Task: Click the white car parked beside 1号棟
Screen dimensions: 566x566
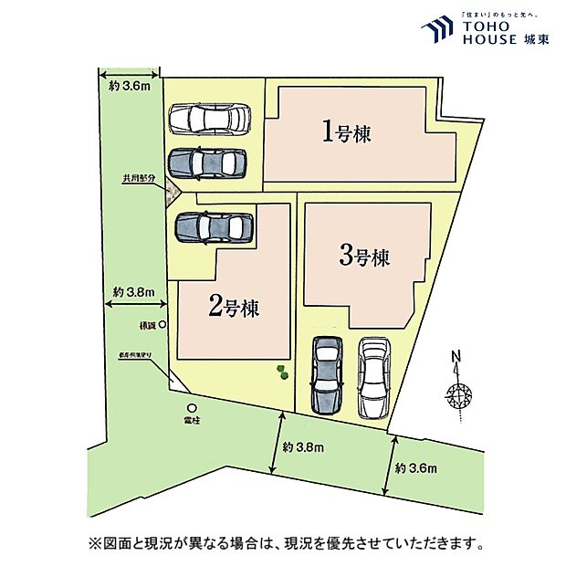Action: (209, 119)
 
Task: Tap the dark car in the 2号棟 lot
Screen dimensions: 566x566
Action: (213, 227)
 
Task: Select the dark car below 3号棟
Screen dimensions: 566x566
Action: (326, 374)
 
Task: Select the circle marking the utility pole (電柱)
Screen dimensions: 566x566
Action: (192, 408)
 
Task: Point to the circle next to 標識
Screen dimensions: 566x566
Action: (162, 324)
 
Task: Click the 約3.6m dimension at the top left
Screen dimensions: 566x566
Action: (129, 87)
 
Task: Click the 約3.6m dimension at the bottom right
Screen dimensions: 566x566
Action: (416, 468)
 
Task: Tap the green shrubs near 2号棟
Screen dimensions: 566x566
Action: (283, 372)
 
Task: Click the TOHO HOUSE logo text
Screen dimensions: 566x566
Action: (493, 34)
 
